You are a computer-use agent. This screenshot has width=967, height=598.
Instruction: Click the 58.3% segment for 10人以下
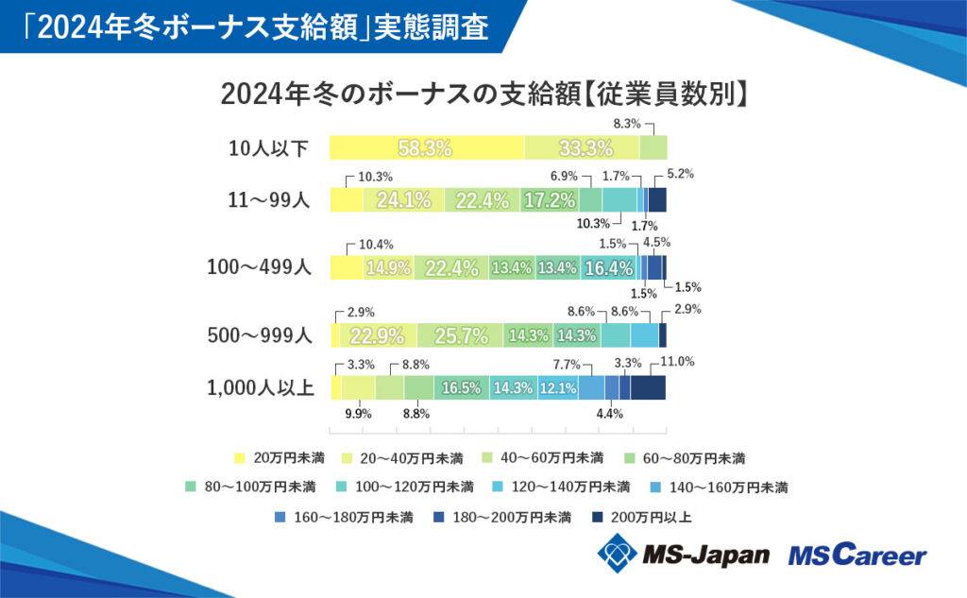[426, 147]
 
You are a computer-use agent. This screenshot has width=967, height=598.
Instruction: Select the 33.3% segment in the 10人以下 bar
[582, 147]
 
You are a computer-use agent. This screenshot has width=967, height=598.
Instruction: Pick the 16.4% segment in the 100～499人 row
[608, 267]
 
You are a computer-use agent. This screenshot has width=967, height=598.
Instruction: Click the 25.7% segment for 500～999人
[460, 334]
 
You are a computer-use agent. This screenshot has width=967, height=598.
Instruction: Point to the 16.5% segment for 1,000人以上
[461, 387]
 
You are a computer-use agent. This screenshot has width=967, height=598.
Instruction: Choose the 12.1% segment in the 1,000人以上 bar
[557, 387]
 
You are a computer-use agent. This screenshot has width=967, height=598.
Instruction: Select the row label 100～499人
[259, 267]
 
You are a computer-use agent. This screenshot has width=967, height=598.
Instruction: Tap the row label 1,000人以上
[259, 387]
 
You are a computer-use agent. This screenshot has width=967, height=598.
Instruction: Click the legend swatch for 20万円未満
[239, 458]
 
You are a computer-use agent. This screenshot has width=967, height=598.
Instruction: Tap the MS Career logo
[857, 555]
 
